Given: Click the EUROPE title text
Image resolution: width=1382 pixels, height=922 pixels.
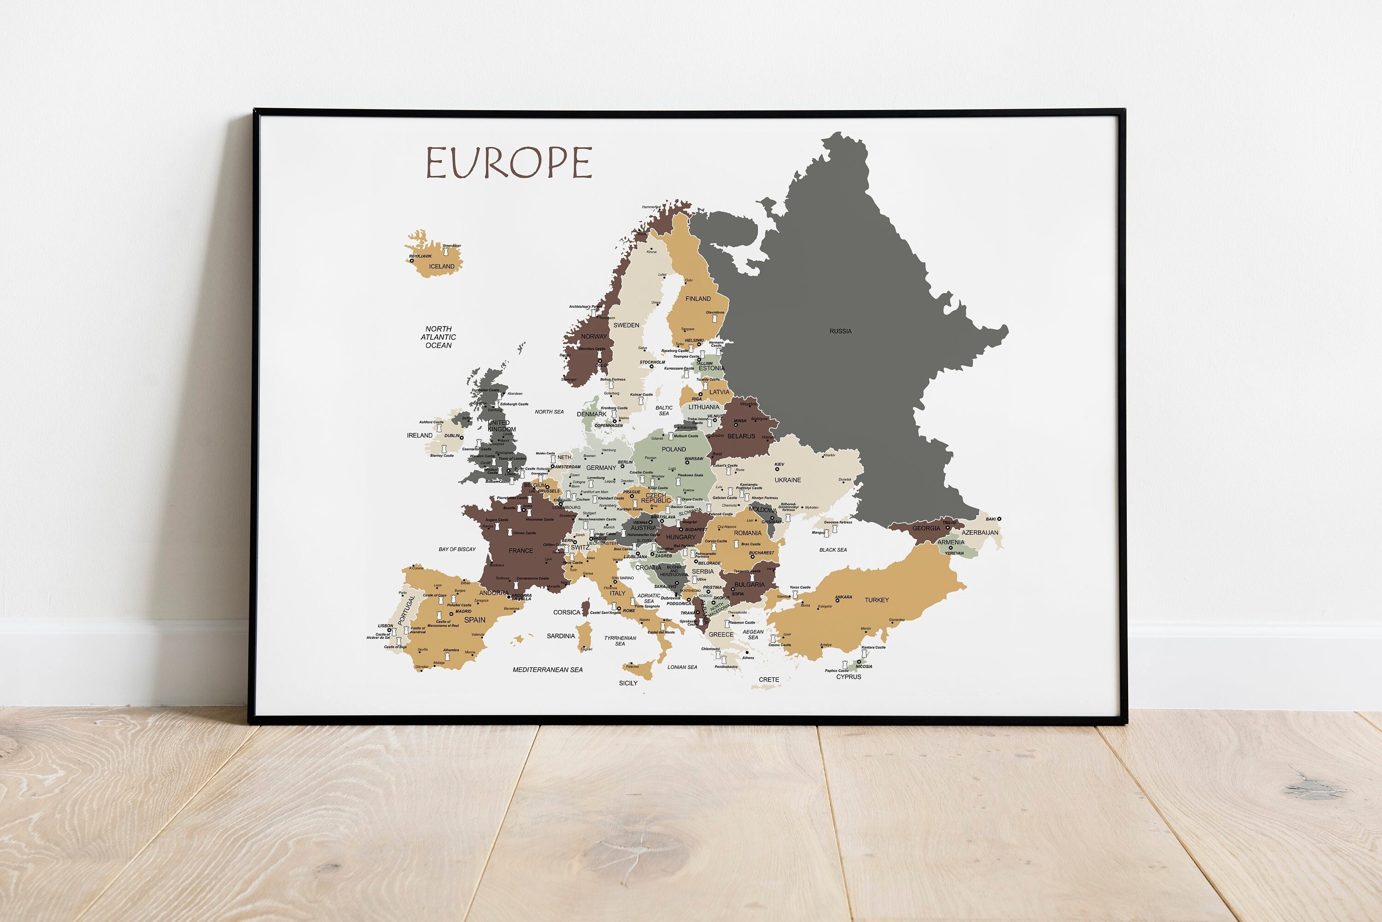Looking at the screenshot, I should [x=509, y=163].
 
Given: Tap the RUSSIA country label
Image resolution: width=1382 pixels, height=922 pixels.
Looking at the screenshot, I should [x=840, y=331].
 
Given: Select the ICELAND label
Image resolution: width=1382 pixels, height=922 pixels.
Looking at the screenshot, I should [x=442, y=266].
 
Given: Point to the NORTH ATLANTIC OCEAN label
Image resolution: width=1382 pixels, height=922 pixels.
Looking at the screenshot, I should [x=438, y=337].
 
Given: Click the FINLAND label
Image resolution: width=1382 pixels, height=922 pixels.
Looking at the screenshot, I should [x=698, y=299].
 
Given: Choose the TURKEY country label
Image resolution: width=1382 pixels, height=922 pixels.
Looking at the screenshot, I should [x=876, y=600].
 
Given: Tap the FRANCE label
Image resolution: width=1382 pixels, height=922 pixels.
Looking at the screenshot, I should [x=521, y=551].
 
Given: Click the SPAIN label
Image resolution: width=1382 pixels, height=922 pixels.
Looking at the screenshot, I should [x=474, y=620].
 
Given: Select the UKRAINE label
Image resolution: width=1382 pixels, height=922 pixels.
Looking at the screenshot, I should [x=787, y=480].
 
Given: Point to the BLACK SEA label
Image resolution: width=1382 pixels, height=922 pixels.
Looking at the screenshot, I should [x=833, y=550].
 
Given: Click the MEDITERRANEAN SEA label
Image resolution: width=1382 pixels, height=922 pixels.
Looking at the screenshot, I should [x=548, y=670].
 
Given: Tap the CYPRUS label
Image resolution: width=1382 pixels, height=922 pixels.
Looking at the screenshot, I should [x=849, y=677].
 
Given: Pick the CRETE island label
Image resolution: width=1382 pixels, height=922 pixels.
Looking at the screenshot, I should [x=769, y=680].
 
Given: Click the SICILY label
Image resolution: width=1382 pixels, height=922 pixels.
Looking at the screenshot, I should [x=628, y=683].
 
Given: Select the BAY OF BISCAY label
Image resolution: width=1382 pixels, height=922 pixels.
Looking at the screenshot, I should [x=457, y=549].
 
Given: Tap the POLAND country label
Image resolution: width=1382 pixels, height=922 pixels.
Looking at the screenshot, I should [x=673, y=449].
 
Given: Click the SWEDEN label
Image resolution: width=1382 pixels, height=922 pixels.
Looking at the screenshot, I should [x=627, y=325].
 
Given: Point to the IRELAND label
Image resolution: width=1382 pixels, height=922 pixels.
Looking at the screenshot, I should [x=419, y=436].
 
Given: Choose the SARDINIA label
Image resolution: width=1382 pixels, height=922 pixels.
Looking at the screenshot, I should [x=561, y=636].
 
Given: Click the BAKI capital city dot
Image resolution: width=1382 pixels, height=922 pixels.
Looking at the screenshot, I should [x=999, y=519].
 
